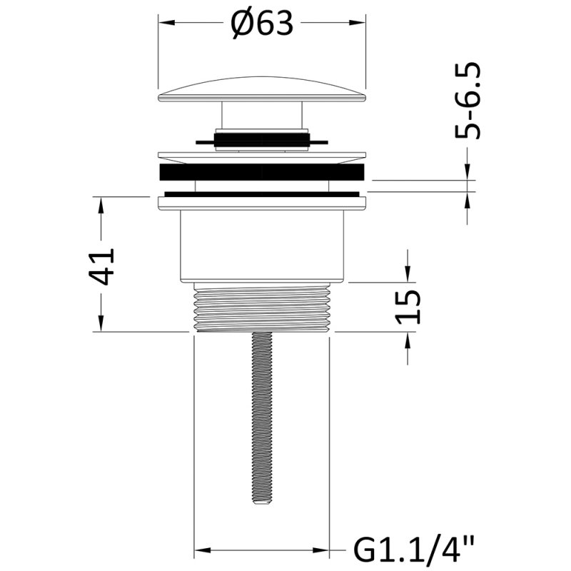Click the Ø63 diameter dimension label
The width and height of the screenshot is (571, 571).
tap(262, 23)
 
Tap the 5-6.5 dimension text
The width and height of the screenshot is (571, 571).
tap(468, 101)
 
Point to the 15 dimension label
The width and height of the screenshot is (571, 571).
tap(408, 307)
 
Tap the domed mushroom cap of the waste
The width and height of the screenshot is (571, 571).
tap(262, 89)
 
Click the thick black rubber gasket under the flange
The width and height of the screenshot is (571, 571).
tap(262, 172)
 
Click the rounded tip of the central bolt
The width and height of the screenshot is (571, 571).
tap(262, 502)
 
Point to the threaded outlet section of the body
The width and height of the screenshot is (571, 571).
tap(262, 307)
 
